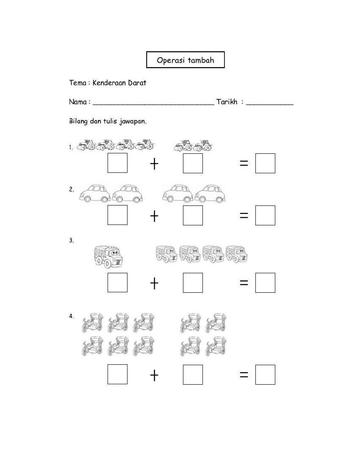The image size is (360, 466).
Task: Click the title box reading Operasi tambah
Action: pyautogui.click(x=185, y=60)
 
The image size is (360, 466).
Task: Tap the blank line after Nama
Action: pyautogui.click(x=153, y=102)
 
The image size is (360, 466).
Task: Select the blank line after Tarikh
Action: pyautogui.click(x=269, y=102)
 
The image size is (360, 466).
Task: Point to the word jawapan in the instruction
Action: pyautogui.click(x=133, y=121)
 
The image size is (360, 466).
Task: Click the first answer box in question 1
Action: pyautogui.click(x=117, y=163)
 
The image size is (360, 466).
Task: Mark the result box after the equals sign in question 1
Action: pyautogui.click(x=265, y=163)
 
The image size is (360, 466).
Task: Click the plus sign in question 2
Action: pyautogui.click(x=154, y=216)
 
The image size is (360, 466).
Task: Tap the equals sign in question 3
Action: pyautogui.click(x=244, y=283)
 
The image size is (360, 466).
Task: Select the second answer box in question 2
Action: pyautogui.click(x=193, y=215)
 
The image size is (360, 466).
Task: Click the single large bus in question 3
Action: pyautogui.click(x=108, y=256)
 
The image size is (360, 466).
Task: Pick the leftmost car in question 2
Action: pyautogui.click(x=94, y=193)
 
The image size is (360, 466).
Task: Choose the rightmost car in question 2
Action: pyautogui.click(x=210, y=193)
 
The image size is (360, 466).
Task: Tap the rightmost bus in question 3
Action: pyautogui.click(x=237, y=254)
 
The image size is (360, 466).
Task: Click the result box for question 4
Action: pyautogui.click(x=265, y=374)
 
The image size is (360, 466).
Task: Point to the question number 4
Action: pyautogui.click(x=71, y=316)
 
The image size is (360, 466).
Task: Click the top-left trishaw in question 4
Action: pyautogui.click(x=92, y=323)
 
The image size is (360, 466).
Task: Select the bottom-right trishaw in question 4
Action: pyautogui.click(x=216, y=346)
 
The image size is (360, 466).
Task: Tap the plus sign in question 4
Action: pyautogui.click(x=154, y=375)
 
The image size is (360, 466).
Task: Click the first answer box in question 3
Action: pyautogui.click(x=117, y=283)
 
